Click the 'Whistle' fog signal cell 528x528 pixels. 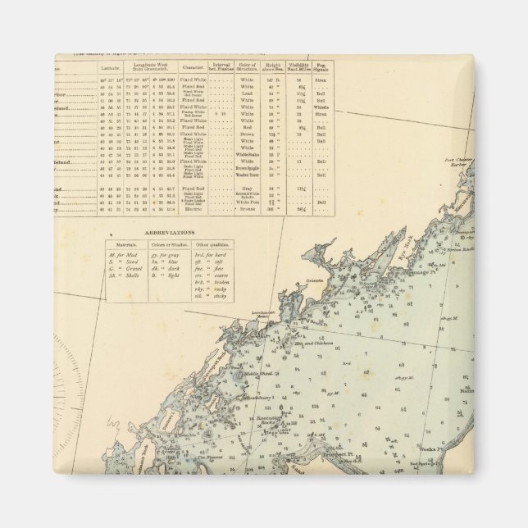(x=321, y=107)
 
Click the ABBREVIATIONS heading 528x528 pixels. (x=170, y=232)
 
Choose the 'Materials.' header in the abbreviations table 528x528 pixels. (x=125, y=244)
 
